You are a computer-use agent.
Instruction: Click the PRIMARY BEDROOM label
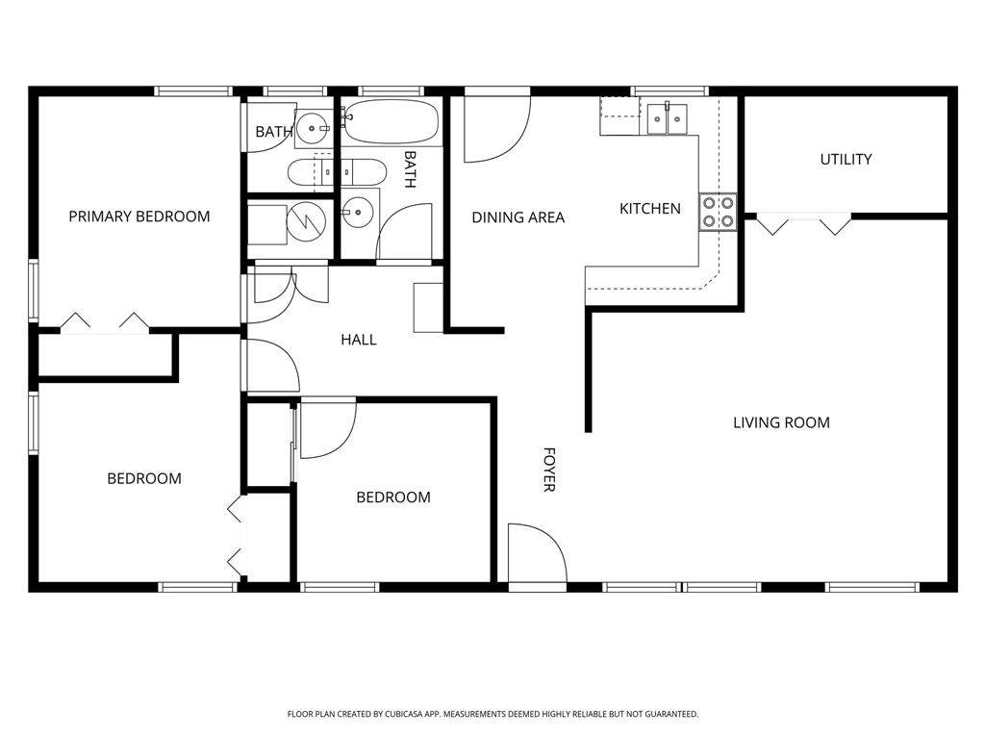(x=139, y=217)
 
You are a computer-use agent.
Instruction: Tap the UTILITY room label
(x=846, y=159)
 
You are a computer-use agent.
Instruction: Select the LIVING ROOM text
(x=781, y=422)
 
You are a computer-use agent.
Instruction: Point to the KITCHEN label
(x=649, y=209)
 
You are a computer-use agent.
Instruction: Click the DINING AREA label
(x=518, y=217)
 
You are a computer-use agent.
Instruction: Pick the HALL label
(x=359, y=340)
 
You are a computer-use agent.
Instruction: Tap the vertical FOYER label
(x=549, y=470)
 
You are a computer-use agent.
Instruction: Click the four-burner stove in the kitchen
(x=718, y=213)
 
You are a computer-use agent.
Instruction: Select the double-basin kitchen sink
(x=668, y=118)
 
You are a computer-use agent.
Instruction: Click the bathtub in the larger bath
(x=391, y=121)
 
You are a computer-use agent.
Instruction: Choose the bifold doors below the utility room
(x=804, y=224)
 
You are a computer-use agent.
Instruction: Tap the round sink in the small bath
(x=313, y=128)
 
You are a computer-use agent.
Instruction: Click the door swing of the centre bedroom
(x=329, y=428)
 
